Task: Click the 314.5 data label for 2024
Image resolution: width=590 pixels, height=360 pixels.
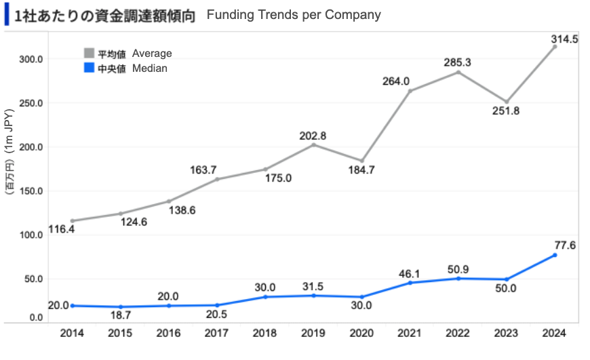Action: coord(565,39)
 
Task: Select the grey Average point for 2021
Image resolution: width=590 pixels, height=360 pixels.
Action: coord(410,91)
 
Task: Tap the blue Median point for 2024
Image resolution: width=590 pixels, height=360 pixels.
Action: coord(555,255)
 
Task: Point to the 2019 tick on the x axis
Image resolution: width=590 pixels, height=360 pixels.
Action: coord(313,333)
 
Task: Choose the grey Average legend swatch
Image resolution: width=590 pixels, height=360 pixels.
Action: coord(88,53)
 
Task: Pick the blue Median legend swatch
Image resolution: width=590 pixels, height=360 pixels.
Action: coord(88,68)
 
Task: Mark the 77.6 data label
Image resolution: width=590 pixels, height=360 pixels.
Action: coord(564,245)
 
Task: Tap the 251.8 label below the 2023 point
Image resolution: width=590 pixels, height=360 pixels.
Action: coord(506,111)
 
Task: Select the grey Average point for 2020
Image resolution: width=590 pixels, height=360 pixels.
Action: coord(361,161)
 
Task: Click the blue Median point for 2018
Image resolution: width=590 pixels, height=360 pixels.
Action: coord(265,297)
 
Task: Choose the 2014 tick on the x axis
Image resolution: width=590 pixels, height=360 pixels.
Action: coord(72,333)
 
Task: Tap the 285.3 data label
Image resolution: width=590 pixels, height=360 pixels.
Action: coord(458,62)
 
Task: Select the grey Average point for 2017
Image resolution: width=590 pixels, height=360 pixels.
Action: coord(217,179)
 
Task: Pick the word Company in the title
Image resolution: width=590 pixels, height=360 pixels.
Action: coord(355,15)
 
